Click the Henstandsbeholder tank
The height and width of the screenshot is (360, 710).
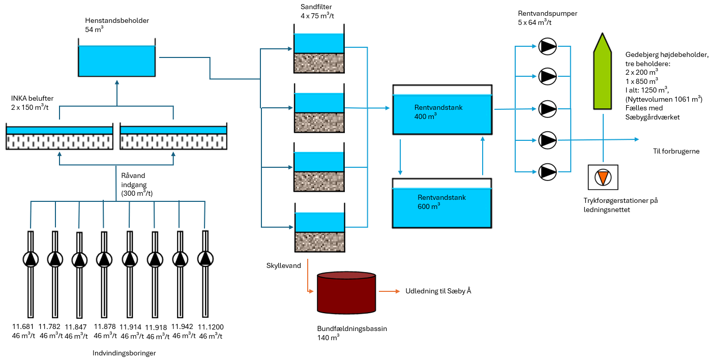click(x=116, y=61)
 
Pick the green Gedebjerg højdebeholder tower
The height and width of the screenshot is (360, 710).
click(x=603, y=74)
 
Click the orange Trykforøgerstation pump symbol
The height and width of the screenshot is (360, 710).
click(x=603, y=177)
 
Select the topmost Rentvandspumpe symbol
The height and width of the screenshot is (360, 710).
click(x=548, y=47)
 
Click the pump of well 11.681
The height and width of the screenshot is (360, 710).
click(x=31, y=259)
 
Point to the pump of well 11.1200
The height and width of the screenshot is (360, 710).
click(x=205, y=259)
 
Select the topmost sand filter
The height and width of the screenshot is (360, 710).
click(x=319, y=53)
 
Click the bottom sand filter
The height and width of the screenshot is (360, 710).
click(x=319, y=232)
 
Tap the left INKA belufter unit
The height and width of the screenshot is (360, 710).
click(x=60, y=137)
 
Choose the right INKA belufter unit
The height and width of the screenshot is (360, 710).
click(x=173, y=137)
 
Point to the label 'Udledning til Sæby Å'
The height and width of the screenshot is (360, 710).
click(x=438, y=291)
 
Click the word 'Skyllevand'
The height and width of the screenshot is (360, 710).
click(x=283, y=266)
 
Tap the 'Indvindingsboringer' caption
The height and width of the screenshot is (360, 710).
click(x=124, y=353)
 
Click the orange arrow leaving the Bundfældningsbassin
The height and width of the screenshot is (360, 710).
click(x=389, y=291)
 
